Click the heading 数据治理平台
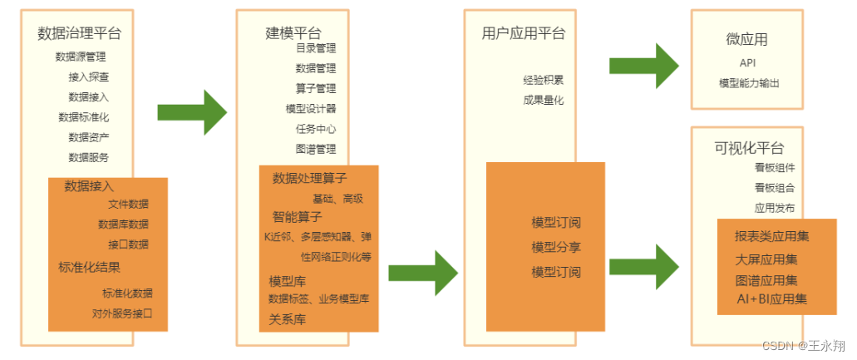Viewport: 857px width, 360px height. coord(80,33)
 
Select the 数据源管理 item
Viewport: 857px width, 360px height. coord(81,57)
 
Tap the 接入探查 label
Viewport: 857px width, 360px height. coord(88,76)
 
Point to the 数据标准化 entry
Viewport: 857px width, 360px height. coord(83,117)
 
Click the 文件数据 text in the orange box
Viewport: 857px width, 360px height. coord(129,204)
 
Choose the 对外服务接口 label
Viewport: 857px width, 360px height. coord(122,313)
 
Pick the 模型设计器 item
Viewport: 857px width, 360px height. coord(311,109)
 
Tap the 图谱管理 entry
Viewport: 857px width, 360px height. coord(316,149)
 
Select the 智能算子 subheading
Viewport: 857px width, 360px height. coord(297,217)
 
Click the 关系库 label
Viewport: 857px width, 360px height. coord(287,318)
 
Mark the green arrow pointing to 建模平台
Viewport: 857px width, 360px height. coord(192,112)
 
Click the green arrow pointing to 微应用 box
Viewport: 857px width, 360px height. coord(643,66)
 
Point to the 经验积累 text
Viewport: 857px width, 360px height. coord(544,81)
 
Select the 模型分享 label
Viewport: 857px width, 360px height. coord(556,247)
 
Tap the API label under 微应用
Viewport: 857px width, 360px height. coord(747,62)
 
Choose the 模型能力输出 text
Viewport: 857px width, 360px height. coord(749,83)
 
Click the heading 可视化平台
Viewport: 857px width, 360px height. coord(749,148)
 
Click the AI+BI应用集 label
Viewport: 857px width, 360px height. coord(771,298)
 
